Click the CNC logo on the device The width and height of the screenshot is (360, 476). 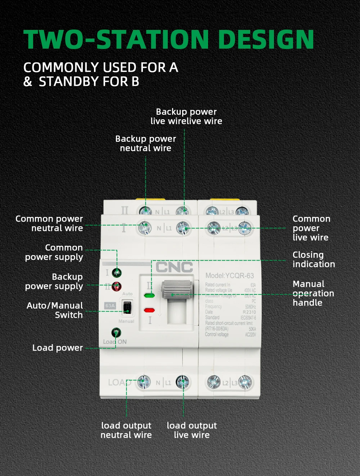(174, 267)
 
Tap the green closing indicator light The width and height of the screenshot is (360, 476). (149, 295)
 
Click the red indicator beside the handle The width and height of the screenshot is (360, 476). (149, 310)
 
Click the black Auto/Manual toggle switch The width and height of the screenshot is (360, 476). (127, 308)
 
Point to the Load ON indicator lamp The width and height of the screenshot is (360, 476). (116, 332)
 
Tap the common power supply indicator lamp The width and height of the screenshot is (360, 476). (116, 272)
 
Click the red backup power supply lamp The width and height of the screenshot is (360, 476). (116, 286)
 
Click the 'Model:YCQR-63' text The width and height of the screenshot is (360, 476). (230, 276)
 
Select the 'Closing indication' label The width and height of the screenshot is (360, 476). (314, 259)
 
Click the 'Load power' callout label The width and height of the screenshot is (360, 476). (58, 348)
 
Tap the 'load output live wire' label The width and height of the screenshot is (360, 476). (192, 430)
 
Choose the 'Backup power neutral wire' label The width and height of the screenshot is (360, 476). (145, 143)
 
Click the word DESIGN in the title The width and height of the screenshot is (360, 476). (266, 39)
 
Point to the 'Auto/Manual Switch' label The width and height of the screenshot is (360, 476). (55, 310)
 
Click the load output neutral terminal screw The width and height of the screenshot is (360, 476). (144, 382)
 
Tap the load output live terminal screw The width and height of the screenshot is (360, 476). (183, 382)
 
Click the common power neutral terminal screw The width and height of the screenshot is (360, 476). (144, 227)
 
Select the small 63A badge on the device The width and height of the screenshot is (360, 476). (110, 306)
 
